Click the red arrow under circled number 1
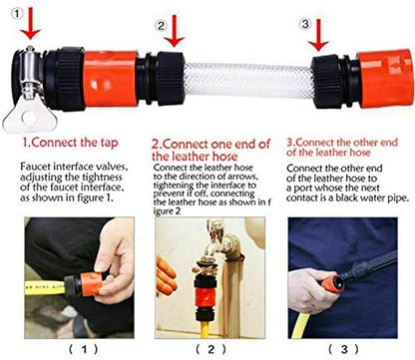[30, 23]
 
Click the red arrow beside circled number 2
[175, 31]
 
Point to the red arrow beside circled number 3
[318, 35]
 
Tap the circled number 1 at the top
[18, 14]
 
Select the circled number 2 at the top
[162, 26]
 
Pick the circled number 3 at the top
[305, 24]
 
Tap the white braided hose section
[248, 79]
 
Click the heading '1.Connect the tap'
[70, 143]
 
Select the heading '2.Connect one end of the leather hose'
[210, 150]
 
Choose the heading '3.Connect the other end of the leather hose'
[342, 148]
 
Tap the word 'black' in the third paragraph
[347, 197]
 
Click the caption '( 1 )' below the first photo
[84, 349]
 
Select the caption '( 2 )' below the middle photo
[210, 349]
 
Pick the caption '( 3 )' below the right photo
[344, 349]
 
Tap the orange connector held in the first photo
[90, 284]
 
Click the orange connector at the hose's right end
[386, 79]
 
